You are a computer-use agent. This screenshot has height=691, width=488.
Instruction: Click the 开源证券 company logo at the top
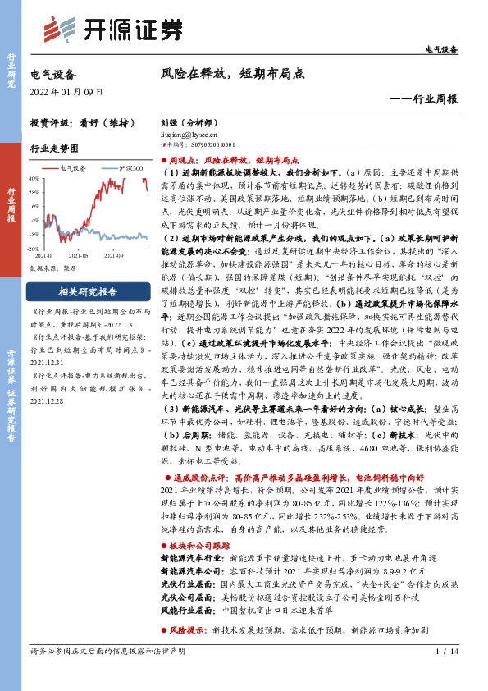[112, 30]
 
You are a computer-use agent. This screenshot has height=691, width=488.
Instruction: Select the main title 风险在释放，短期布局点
[233, 73]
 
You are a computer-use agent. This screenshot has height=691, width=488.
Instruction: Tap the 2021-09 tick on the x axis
[119, 256]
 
